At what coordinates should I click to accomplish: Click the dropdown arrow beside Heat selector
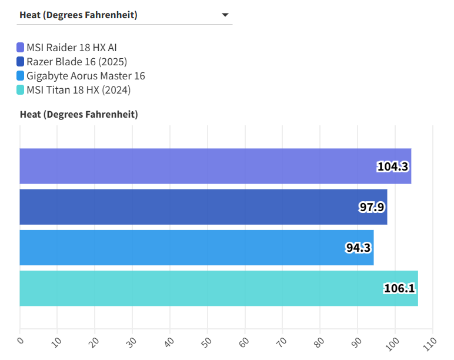point(225,15)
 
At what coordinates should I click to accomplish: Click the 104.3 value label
point(392,166)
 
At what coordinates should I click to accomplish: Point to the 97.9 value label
point(372,207)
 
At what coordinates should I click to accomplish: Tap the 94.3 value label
point(358,248)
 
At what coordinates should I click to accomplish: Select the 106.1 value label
point(399,288)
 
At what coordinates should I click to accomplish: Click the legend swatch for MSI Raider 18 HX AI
point(21,48)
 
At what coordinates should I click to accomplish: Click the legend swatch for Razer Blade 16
point(21,62)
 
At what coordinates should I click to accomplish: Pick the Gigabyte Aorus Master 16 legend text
point(86,76)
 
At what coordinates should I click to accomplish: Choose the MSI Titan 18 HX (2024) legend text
point(78,90)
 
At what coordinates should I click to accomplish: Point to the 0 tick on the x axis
point(20,341)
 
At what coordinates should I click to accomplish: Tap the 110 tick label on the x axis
point(430,343)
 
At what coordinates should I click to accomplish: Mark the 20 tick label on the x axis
point(95,341)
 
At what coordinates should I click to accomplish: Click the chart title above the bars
point(79,114)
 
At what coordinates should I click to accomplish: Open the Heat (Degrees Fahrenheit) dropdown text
point(78,15)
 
